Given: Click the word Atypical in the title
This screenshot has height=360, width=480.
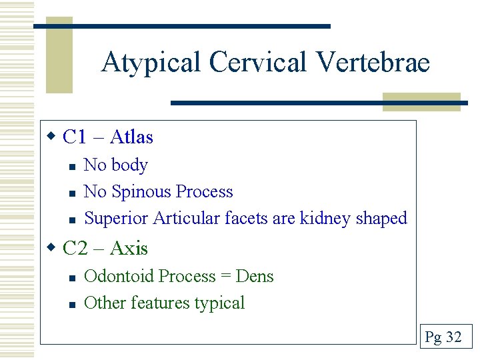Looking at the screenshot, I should click(x=151, y=63).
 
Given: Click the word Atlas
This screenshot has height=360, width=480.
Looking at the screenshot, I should click(x=131, y=137).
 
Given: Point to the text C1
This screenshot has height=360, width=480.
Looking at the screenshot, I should click(x=75, y=137).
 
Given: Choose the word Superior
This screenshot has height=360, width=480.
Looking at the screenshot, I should click(x=117, y=218).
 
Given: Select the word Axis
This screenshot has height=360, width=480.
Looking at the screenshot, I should click(x=129, y=249).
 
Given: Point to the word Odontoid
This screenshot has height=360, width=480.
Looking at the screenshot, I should click(x=117, y=276).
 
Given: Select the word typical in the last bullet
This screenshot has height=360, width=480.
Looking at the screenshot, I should click(x=219, y=303).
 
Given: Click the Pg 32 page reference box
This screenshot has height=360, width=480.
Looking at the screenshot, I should click(x=443, y=337).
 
